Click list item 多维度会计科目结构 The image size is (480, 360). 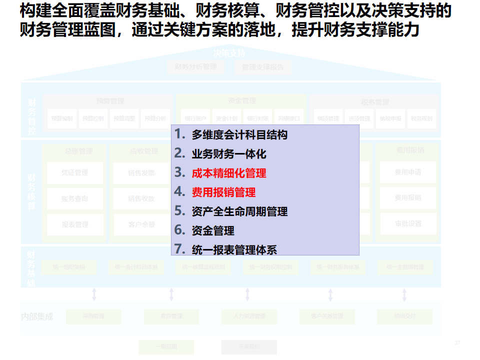click(x=239, y=135)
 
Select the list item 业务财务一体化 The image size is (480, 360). click(x=229, y=154)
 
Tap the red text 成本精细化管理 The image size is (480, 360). click(x=229, y=173)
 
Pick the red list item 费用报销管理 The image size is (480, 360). click(x=223, y=192)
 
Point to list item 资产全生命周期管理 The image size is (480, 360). click(x=239, y=211)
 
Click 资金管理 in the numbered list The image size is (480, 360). click(x=213, y=230)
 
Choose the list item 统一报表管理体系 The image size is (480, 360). click(x=234, y=249)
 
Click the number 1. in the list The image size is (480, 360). click(x=180, y=134)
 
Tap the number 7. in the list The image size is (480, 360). click(x=180, y=248)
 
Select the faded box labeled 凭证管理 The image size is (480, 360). click(x=75, y=172)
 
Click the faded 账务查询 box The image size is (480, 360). click(x=75, y=198)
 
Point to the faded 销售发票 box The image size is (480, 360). click(x=141, y=172)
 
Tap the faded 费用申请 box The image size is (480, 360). click(x=408, y=172)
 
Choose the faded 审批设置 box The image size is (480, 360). click(x=408, y=224)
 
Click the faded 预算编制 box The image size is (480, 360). click(x=62, y=118)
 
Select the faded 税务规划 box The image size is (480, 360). click(x=421, y=118)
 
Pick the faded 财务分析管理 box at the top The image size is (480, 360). click(x=195, y=67)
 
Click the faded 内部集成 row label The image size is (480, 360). click(x=37, y=316)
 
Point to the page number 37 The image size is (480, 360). click(x=457, y=343)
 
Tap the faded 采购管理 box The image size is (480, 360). click(x=93, y=316)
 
